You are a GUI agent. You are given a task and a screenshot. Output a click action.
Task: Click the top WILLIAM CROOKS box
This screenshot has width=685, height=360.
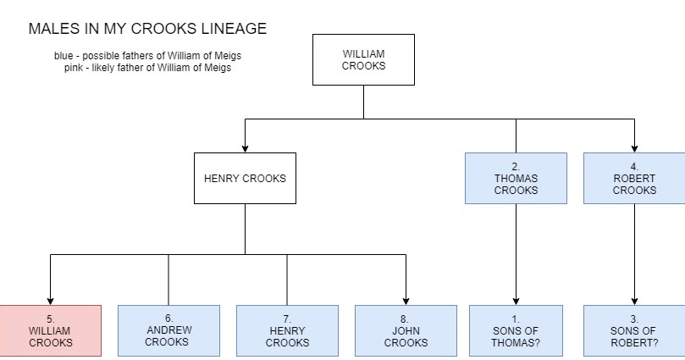(x=363, y=59)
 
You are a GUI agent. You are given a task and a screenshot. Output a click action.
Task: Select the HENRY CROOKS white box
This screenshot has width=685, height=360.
(x=245, y=178)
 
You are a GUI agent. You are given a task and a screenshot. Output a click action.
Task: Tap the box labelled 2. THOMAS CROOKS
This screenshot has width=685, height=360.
(x=516, y=178)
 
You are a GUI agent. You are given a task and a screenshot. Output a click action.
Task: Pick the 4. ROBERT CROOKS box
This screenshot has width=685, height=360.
(x=634, y=178)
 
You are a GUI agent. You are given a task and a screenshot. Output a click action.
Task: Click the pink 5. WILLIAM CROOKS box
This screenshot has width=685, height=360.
(x=51, y=330)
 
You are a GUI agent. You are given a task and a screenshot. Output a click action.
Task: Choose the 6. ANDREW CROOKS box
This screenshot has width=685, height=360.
(x=168, y=330)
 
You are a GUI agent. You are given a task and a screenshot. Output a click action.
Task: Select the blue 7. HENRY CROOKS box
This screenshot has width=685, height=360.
(x=287, y=330)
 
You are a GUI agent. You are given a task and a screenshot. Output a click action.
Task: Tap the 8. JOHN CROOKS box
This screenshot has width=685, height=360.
(x=406, y=330)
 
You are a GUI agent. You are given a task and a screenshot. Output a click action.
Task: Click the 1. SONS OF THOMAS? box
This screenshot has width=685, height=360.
(x=516, y=330)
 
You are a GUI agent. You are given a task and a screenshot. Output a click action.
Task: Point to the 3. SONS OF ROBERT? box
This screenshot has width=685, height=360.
(x=634, y=330)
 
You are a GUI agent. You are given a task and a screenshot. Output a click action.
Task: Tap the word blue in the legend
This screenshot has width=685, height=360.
(x=64, y=56)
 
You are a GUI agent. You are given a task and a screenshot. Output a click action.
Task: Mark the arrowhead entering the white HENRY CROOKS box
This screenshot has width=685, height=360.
(x=245, y=147)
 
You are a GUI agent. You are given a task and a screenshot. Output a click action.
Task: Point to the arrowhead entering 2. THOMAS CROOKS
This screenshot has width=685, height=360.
(x=516, y=147)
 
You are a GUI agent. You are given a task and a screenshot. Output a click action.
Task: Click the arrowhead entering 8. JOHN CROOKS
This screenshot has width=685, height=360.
(x=406, y=300)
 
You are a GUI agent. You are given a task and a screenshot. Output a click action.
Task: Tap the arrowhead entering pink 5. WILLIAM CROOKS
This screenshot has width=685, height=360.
(x=51, y=300)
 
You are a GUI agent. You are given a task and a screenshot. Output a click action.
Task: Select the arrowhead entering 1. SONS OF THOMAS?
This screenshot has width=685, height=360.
(x=516, y=300)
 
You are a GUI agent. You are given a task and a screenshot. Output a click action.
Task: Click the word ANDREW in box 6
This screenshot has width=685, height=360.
(x=168, y=330)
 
